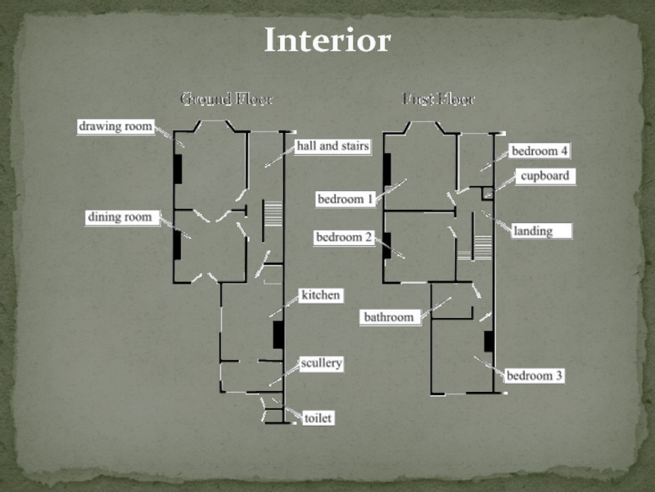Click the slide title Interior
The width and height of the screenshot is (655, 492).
(327, 39)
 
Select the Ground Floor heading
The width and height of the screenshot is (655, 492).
(226, 99)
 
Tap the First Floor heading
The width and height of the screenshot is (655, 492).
(439, 99)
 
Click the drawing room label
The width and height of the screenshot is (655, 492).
(115, 126)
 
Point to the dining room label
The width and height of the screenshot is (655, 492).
(120, 217)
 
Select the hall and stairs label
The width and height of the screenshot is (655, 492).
(332, 146)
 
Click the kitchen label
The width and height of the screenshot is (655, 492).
(320, 294)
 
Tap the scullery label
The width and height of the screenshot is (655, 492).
(321, 362)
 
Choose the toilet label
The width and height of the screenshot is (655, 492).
(318, 418)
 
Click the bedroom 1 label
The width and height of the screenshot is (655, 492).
(346, 198)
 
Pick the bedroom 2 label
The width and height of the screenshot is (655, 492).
(345, 237)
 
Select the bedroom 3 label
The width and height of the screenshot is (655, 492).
(535, 376)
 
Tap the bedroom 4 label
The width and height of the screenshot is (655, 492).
(540, 151)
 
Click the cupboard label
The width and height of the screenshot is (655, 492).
(544, 175)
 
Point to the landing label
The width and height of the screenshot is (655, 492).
(532, 231)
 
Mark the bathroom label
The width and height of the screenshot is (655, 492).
(389, 317)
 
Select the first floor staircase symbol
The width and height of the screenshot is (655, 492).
(483, 247)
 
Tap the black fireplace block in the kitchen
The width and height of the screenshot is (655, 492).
(278, 335)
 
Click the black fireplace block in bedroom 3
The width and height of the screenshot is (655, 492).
(489, 341)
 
